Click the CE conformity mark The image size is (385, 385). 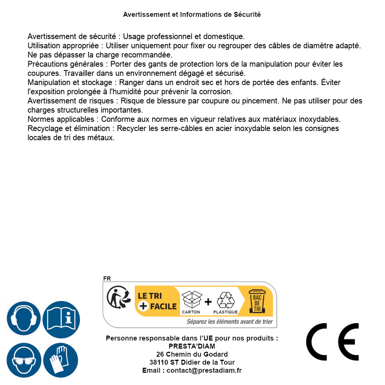[332, 342]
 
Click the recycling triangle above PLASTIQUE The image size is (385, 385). [225, 300]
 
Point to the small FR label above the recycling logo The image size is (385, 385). [107, 279]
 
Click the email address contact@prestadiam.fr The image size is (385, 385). [204, 370]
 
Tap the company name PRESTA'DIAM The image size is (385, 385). [192, 346]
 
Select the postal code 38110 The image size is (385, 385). [159, 362]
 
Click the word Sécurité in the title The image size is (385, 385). [247, 15]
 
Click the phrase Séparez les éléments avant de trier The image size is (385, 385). [229, 322]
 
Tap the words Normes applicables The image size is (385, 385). [61, 119]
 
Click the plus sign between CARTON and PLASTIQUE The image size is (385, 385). [208, 302]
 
